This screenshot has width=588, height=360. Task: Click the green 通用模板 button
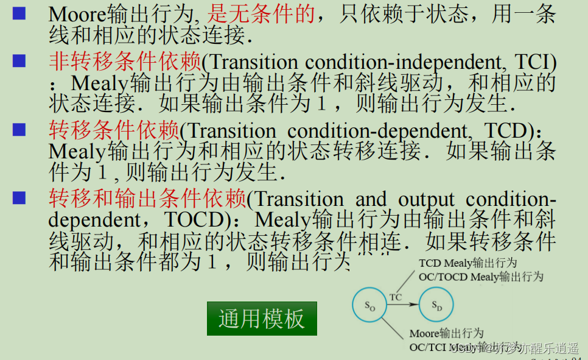[x=262, y=318]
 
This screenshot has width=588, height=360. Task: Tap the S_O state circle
[x=370, y=306]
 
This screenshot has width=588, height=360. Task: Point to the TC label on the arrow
[x=396, y=297]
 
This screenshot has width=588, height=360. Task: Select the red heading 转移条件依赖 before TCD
[x=114, y=130]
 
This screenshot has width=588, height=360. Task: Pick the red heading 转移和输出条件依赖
[x=147, y=199]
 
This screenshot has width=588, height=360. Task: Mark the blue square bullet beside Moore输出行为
[x=19, y=13]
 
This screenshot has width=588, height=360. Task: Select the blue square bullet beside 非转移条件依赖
[x=19, y=60]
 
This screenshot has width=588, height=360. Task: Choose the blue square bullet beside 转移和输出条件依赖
[x=19, y=197]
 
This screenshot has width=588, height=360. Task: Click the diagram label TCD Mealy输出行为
[x=468, y=263]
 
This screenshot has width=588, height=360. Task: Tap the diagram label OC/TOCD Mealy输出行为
[x=481, y=277]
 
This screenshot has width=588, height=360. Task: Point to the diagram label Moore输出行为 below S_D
[x=446, y=334]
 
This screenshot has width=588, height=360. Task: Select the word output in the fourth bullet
[x=426, y=200]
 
